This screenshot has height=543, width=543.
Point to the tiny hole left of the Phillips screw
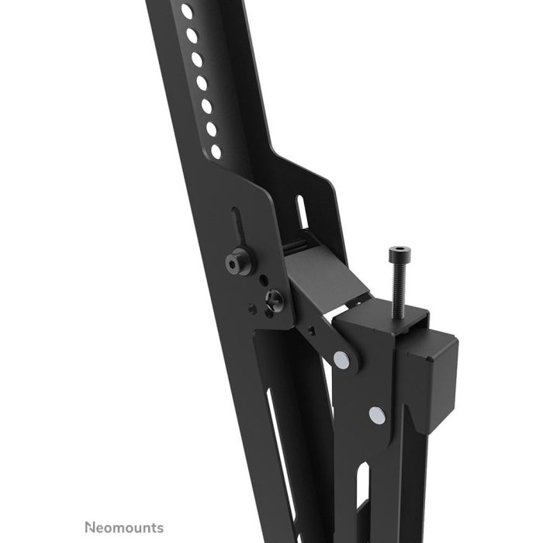(x=251, y=308)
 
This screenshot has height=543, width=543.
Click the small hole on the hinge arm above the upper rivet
(x=312, y=330)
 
